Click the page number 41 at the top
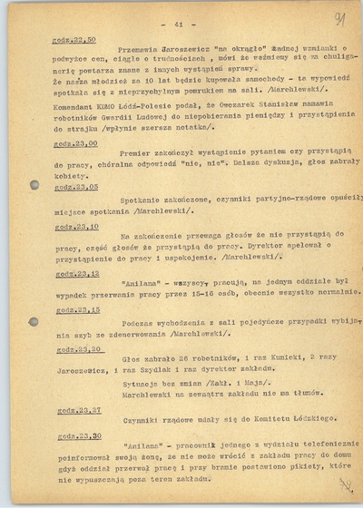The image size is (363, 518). [x=178, y=24]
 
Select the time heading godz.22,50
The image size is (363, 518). [x=76, y=41]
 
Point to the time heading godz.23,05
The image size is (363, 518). [x=77, y=186]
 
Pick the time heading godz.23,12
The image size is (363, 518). [x=77, y=272]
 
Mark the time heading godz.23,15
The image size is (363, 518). [x=77, y=309]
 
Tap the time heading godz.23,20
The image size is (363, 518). [x=77, y=348]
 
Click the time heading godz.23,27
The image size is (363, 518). [x=77, y=409]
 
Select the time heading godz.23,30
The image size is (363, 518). [x=77, y=435]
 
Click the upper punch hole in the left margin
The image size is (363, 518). [x=34, y=184]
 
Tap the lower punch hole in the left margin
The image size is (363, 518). [x=34, y=321]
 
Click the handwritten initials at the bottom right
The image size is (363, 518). [x=346, y=484]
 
